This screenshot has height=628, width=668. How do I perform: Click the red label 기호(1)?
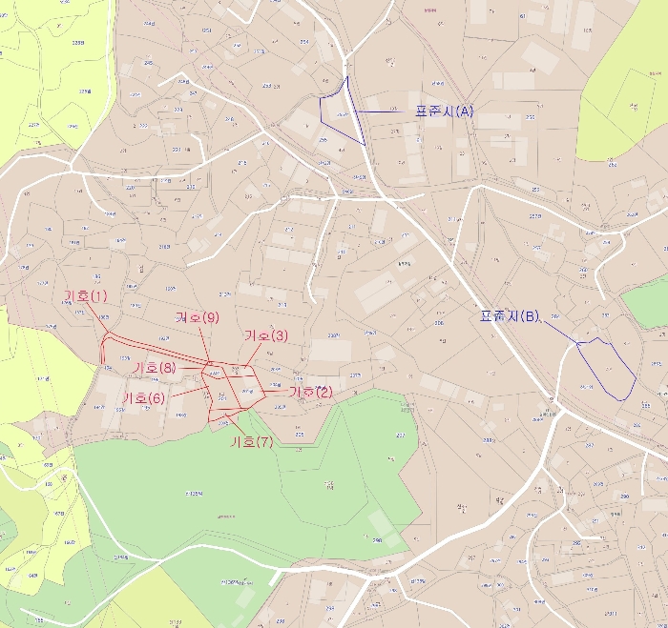85,296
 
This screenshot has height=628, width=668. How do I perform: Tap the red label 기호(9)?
198,317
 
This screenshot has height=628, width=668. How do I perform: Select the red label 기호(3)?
266,335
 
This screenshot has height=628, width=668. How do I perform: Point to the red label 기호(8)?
155,368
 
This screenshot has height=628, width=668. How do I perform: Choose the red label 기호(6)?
144,397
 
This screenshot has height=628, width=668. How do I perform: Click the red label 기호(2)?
310,392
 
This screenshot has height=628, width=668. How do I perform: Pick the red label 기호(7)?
252,442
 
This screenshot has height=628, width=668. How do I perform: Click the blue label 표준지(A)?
444,111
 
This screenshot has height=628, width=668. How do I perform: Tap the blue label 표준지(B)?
510,316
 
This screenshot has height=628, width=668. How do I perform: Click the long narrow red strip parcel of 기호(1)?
153,347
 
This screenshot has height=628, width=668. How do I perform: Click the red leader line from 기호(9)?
205,343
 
